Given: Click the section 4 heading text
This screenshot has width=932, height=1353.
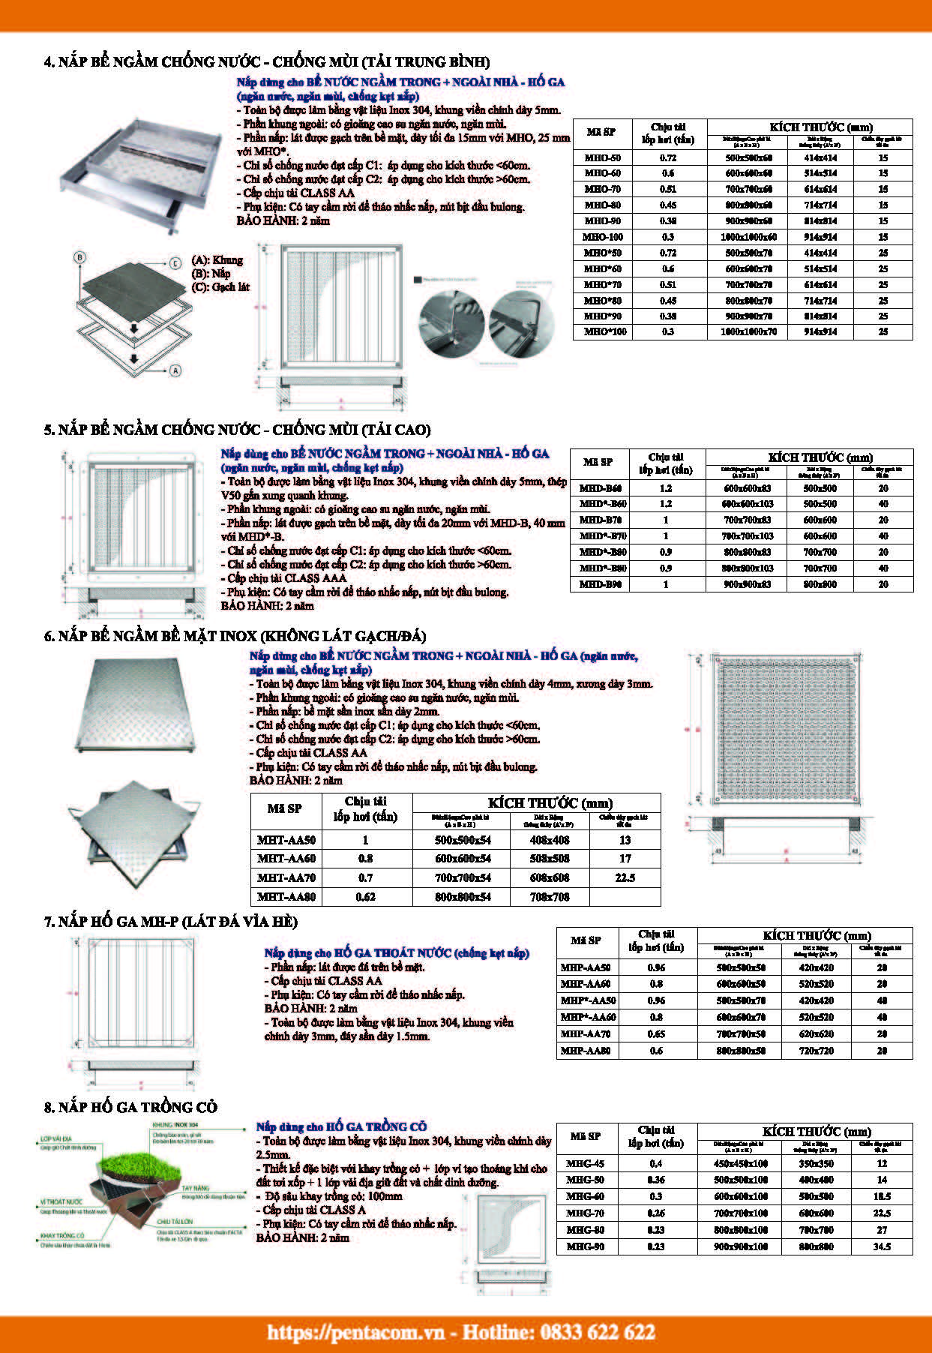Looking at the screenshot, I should (x=267, y=61).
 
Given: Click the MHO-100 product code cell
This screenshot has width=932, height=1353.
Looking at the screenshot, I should (x=602, y=237).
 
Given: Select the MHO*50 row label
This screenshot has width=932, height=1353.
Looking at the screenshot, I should (x=602, y=253).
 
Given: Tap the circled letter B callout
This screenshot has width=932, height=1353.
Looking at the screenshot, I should (x=80, y=257).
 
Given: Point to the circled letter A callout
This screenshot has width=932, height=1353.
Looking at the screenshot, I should (x=175, y=370).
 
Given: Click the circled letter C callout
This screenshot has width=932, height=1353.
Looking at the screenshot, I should (x=174, y=262).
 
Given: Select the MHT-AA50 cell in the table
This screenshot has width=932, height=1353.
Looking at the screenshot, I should (x=286, y=841).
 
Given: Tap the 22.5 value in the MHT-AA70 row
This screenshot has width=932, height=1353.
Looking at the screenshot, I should (x=625, y=877).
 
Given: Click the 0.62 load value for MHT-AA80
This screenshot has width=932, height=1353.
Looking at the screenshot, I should (x=365, y=897).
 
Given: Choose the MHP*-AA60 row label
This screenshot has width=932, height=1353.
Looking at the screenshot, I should (x=588, y=1018).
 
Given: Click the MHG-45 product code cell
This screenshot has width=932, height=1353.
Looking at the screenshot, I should (x=585, y=1164).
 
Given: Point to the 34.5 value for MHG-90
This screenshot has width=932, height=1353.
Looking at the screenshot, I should (x=881, y=1246).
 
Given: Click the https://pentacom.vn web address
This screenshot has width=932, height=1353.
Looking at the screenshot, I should (x=361, y=1332).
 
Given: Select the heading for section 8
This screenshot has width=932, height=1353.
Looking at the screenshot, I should (x=130, y=1107).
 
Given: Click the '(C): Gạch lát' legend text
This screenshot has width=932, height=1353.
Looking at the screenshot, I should (x=220, y=287).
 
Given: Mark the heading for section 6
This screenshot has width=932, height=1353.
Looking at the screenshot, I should (x=235, y=637).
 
